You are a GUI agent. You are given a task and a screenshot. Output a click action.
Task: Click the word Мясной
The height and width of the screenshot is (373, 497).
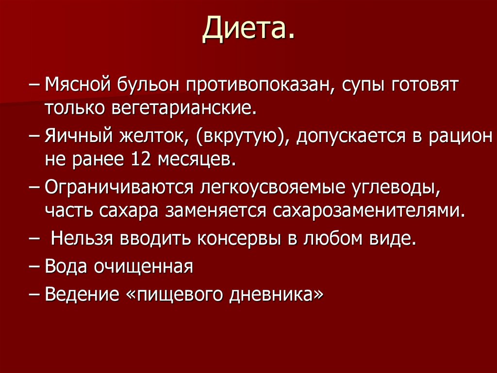point(76,86)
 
